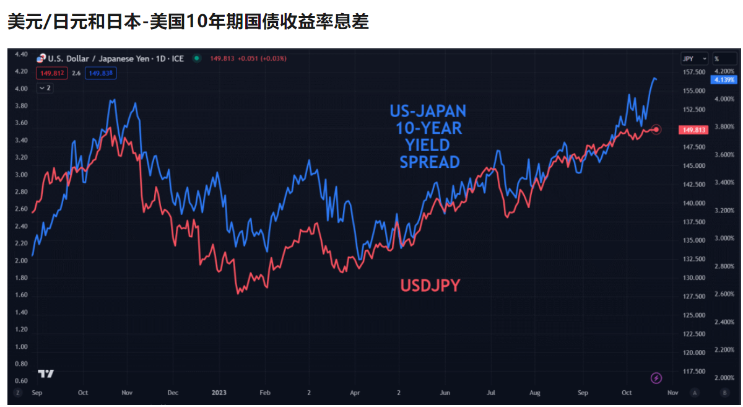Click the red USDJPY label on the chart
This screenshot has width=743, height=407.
pyautogui.click(x=430, y=286)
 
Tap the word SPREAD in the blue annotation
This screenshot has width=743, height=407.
pyautogui.click(x=429, y=162)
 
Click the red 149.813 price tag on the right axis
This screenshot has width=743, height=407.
pyautogui.click(x=693, y=130)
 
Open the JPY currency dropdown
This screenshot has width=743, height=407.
pyautogui.click(x=694, y=59)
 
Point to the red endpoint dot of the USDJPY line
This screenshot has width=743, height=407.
pyautogui.click(x=656, y=129)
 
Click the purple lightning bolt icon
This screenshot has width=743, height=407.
pyautogui.click(x=656, y=378)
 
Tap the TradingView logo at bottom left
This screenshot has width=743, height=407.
pyautogui.click(x=46, y=374)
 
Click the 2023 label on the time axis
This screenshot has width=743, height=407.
pyautogui.click(x=219, y=393)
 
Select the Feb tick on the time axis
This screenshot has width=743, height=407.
pyautogui.click(x=264, y=393)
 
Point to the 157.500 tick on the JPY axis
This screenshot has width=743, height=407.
pyautogui.click(x=693, y=72)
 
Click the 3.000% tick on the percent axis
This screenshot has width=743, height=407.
pyautogui.click(x=724, y=239)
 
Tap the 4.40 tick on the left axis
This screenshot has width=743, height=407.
pyautogui.click(x=21, y=55)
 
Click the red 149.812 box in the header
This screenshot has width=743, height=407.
pyautogui.click(x=51, y=73)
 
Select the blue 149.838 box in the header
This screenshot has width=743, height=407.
pyautogui.click(x=101, y=73)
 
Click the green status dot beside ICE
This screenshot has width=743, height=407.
pyautogui.click(x=196, y=58)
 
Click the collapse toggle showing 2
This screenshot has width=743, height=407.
pyautogui.click(x=45, y=88)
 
